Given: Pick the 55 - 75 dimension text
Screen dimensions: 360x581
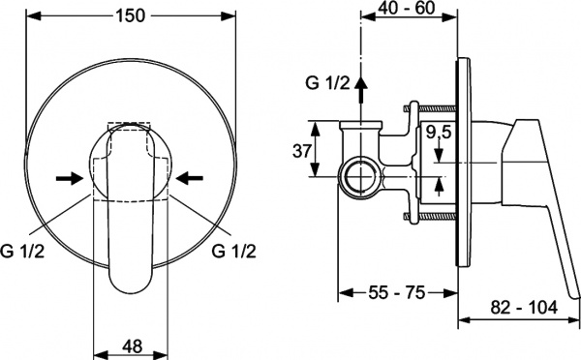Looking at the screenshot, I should tap(398, 290).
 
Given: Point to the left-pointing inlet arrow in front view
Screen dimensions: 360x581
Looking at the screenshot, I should tap(191, 177).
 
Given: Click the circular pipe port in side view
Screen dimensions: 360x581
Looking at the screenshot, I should tap(361, 178).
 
